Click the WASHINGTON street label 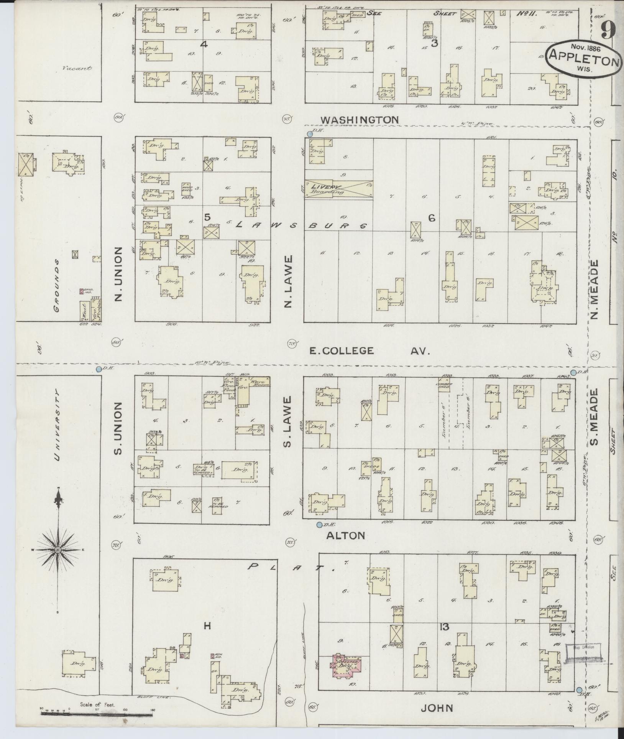359,120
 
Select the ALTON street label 345,535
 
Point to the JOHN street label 437,708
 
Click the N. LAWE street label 288,281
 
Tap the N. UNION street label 118,273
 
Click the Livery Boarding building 338,189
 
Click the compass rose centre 57,550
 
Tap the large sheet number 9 609,30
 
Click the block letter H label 207,626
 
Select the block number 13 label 444,627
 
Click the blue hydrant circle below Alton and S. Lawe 319,525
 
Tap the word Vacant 78,69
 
